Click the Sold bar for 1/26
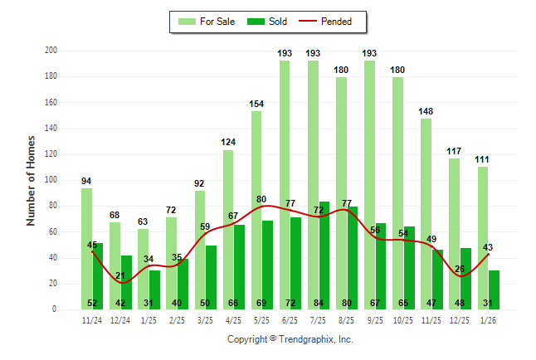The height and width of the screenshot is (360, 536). pos(494,289)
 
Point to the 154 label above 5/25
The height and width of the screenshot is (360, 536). pos(256,104)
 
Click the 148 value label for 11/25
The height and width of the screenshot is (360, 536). pos(426,111)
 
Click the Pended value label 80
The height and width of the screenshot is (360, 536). pos(261,199)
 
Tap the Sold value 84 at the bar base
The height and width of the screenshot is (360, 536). pos(324,303)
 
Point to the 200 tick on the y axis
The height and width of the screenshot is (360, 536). pos(51,51)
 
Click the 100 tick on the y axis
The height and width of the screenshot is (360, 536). pos(51,180)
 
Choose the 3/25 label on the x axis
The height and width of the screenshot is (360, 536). pos(205,319)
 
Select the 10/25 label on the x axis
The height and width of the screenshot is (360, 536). pos(403,319)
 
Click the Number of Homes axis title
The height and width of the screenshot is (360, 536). pos(32,180)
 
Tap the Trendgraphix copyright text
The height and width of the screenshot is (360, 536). pos(290,339)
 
